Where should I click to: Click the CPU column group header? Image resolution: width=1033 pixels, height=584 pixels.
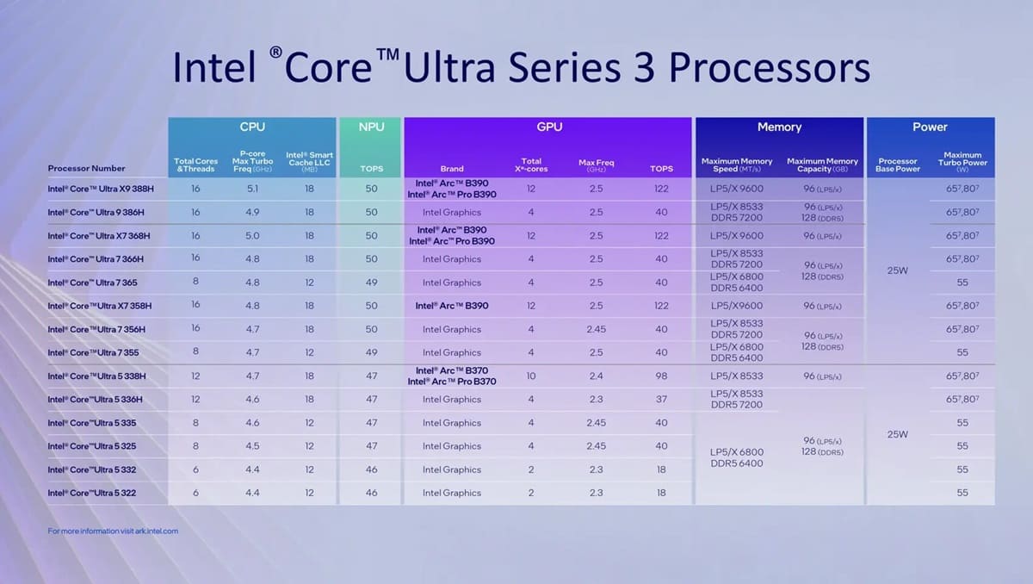251,127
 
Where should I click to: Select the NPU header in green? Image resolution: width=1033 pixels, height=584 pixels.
371,127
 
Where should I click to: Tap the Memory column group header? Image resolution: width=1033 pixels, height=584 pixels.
779,127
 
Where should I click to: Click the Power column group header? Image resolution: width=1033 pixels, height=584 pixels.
930,127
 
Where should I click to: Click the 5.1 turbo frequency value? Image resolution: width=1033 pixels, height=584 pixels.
252,189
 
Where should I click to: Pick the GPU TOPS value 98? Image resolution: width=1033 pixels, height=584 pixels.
661,376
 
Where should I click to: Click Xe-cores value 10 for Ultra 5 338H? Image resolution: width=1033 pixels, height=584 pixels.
531,376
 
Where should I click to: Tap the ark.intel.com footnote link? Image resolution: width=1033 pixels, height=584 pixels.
113,531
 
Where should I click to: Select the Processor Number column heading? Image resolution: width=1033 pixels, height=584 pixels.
86,168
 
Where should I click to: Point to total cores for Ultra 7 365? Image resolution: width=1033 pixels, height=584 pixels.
195,283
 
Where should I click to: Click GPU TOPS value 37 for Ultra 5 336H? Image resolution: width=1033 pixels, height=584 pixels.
661,400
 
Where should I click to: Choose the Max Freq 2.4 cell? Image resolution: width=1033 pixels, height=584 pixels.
596,376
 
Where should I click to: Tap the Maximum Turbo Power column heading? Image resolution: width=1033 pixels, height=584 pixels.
962,162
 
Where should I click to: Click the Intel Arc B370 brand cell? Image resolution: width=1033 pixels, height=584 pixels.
451,376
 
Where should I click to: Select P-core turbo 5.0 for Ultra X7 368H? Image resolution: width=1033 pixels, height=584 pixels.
252,235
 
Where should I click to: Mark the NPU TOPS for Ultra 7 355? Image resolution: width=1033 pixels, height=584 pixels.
371,352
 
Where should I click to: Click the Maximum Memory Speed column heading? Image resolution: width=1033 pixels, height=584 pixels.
737,164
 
